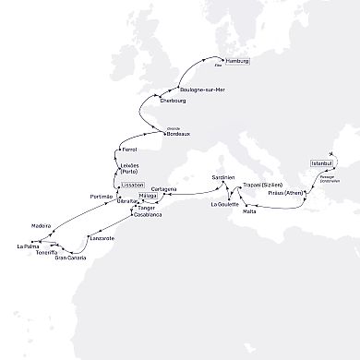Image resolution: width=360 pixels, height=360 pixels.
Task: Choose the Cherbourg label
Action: tap(173, 100)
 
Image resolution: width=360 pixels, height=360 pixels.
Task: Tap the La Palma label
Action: tap(27, 246)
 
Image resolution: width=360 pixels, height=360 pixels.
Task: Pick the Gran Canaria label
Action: tap(69, 258)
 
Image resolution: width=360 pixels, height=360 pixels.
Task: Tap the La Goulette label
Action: tap(225, 203)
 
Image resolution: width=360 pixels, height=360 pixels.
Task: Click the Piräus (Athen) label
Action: tap(285, 193)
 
